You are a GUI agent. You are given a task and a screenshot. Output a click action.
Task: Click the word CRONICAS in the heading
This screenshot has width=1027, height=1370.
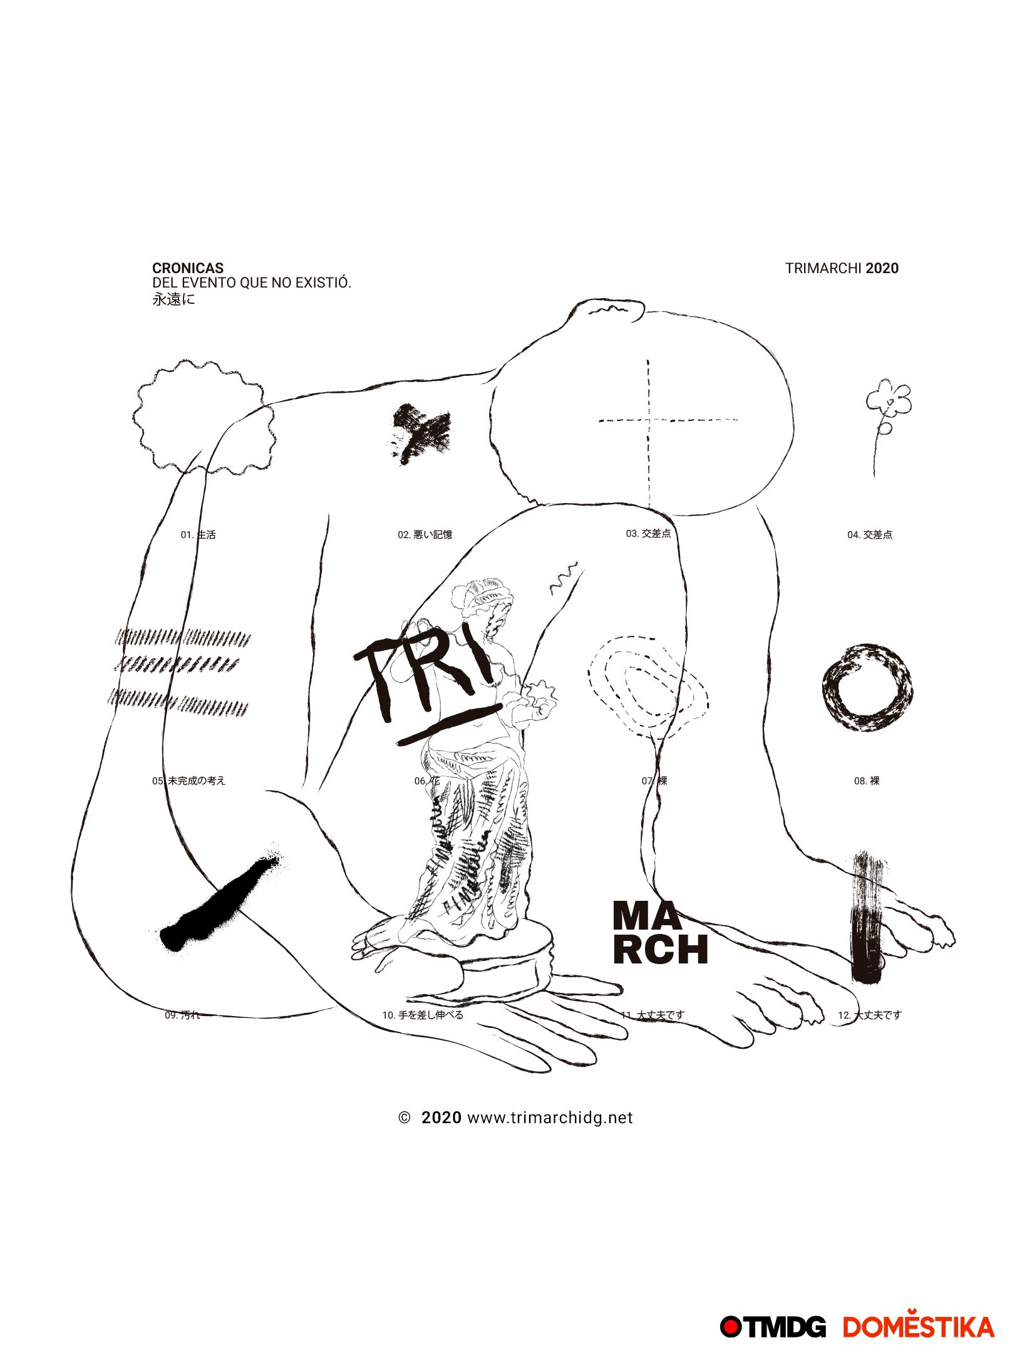coord(187,268)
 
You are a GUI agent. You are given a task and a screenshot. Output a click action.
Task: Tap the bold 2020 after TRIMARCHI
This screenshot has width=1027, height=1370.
coord(882,268)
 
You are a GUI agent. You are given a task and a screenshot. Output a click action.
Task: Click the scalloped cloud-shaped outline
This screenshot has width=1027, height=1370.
coord(204,417)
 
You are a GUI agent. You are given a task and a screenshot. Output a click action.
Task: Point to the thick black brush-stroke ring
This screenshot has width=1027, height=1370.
coord(867,687)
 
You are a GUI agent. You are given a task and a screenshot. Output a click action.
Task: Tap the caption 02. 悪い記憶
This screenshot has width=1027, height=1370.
coord(425,534)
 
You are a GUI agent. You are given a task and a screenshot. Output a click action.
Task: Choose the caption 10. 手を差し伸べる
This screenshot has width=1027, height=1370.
coord(423,1015)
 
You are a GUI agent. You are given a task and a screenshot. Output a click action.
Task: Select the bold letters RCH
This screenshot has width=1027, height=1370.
coord(661,950)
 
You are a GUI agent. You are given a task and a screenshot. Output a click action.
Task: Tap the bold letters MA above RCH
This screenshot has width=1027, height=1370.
coord(646,916)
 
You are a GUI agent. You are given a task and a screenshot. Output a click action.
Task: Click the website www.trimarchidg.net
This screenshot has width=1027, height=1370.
coord(550,1118)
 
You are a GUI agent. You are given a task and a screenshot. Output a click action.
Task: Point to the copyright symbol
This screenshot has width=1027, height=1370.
coord(405,1118)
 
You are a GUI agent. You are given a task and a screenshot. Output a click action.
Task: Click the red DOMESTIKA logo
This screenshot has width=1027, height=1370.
coord(918,1327)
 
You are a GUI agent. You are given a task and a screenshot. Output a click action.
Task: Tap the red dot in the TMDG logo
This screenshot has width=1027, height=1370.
coord(730,1327)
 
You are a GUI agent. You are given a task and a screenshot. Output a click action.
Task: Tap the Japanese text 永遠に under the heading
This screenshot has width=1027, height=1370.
coord(173,299)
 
